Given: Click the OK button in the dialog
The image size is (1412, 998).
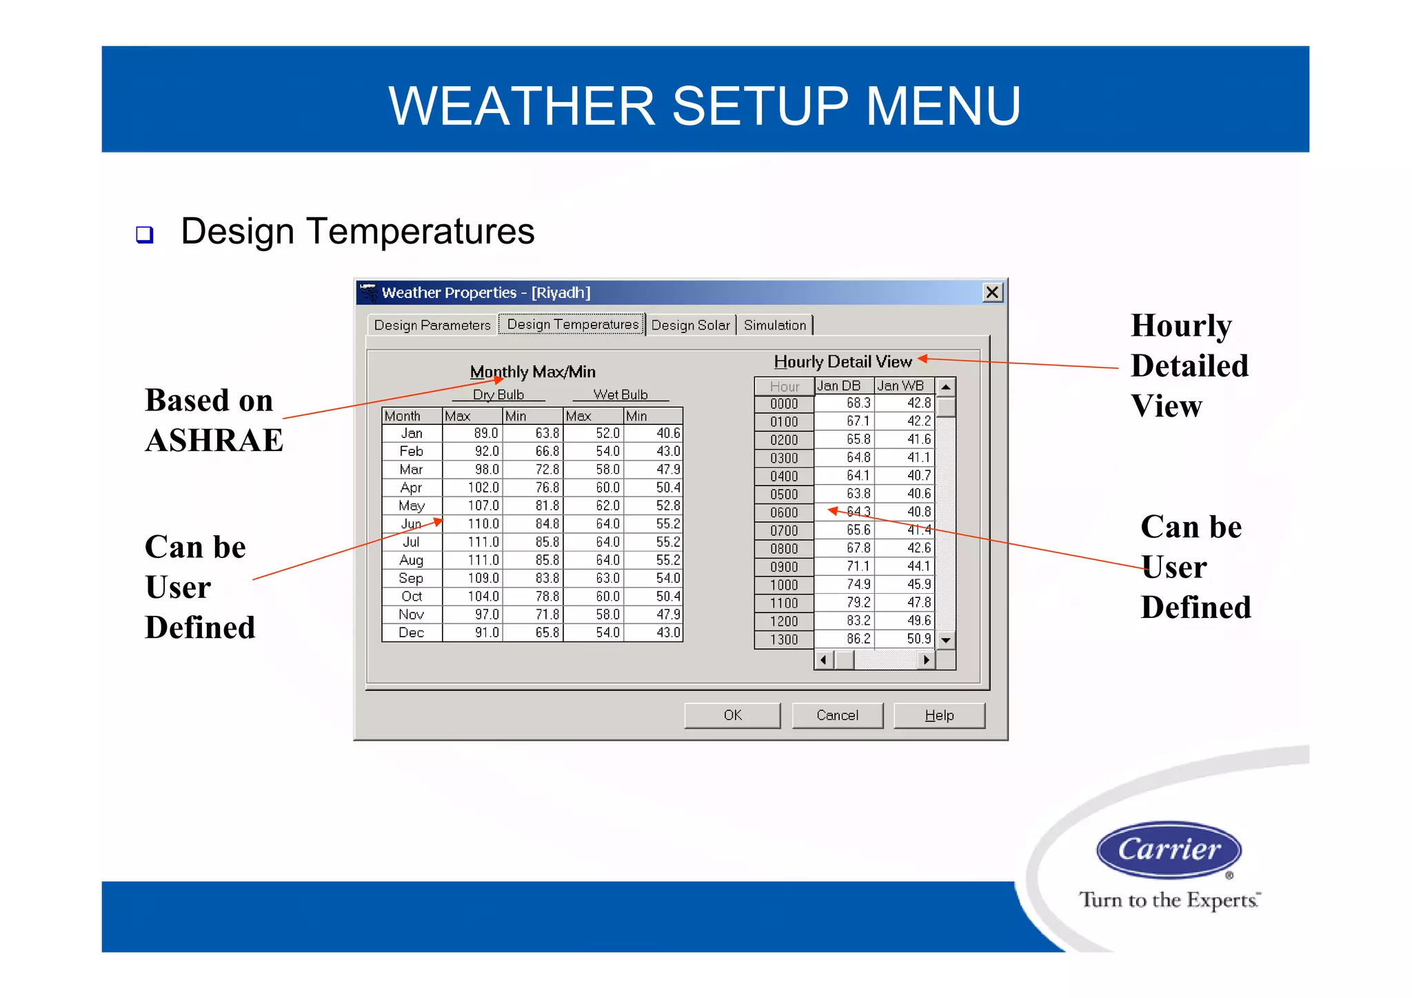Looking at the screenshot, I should (732, 715).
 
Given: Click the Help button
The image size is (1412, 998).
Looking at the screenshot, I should (939, 715).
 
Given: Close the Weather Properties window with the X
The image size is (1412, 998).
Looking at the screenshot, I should (992, 292).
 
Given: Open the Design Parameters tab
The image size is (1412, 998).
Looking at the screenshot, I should (432, 325).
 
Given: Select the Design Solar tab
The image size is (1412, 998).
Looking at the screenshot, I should (690, 325).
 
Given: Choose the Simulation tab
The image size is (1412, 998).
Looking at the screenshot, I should (775, 325).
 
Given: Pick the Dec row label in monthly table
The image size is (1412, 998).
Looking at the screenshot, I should (412, 632).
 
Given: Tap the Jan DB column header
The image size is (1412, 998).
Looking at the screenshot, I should (839, 386).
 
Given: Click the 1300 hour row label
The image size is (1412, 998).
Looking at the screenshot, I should (784, 639).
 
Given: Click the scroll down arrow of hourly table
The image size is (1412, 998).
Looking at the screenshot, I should (946, 640).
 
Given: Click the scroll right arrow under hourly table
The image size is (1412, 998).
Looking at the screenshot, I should (927, 660).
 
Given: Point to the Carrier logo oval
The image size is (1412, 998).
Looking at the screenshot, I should (1169, 849).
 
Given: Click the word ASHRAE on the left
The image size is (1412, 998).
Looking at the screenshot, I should (214, 441).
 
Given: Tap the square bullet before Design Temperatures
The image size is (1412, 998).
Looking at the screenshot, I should (145, 234).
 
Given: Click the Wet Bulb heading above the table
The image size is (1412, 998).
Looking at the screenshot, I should (621, 395).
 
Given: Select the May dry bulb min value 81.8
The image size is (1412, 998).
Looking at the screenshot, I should (547, 506).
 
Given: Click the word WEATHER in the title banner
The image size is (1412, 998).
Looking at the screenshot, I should (521, 106).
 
